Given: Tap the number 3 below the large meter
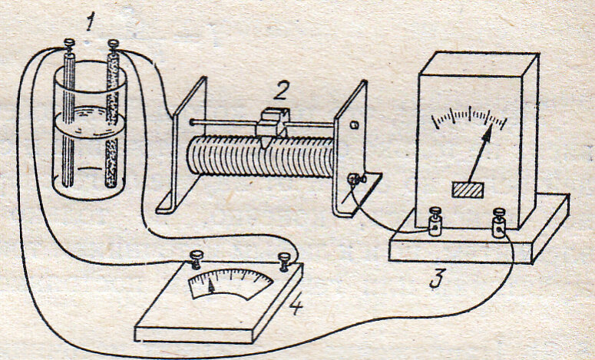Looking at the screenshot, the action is pyautogui.click(x=435, y=279).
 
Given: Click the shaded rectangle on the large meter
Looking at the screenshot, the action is pyautogui.click(x=468, y=189).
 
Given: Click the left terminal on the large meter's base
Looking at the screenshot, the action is pyautogui.click(x=434, y=223).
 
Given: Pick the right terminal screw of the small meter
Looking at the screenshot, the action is pyautogui.click(x=285, y=258).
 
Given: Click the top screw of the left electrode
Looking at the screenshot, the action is pyautogui.click(x=68, y=46).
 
